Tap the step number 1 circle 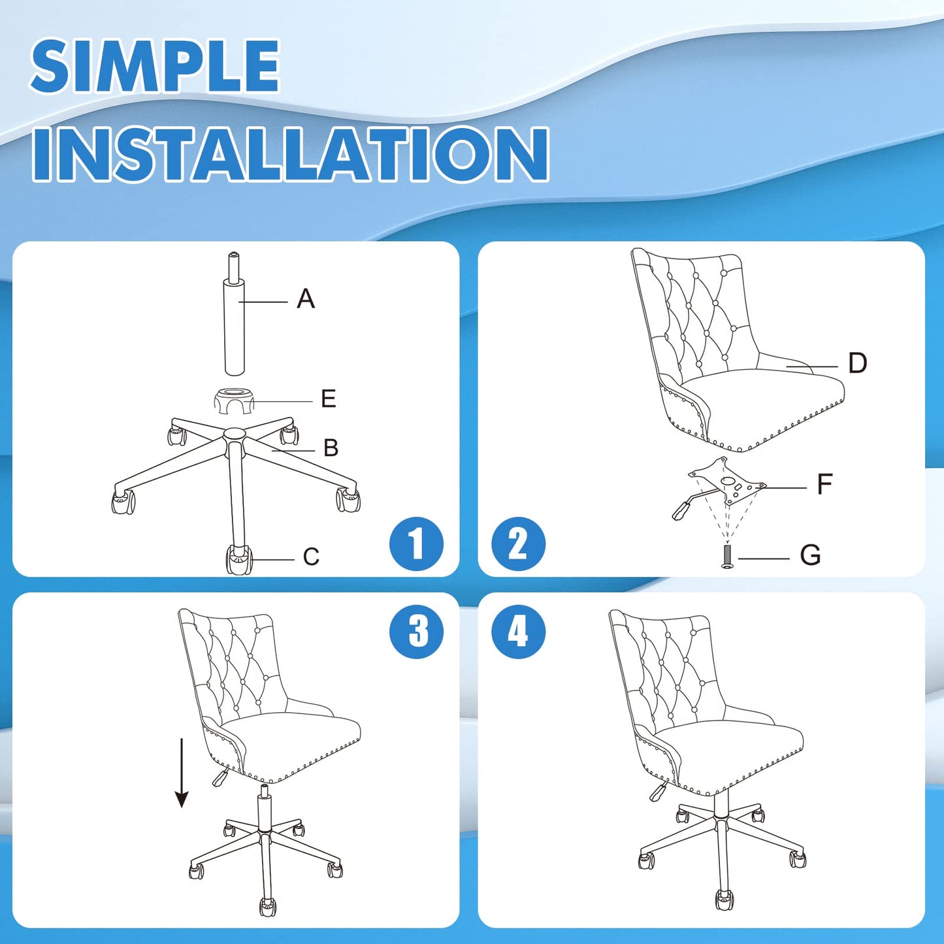point(416,544)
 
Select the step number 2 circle point(518,544)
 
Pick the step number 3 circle point(416,632)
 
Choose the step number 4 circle point(518,632)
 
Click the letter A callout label point(306,299)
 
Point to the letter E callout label point(328,399)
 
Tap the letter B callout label point(331,448)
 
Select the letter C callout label point(311,557)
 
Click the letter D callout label point(858,363)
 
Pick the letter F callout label point(825,485)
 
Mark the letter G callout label point(811,555)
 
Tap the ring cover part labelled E point(235,400)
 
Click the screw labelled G point(728,557)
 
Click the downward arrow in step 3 point(182,773)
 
